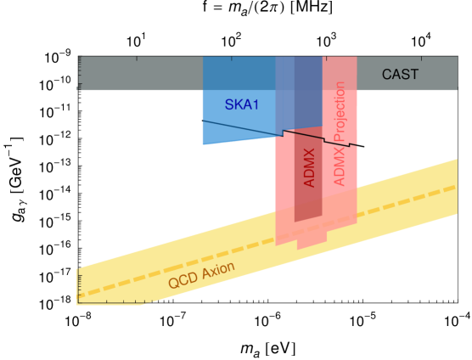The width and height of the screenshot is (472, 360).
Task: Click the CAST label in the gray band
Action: click(x=400, y=74)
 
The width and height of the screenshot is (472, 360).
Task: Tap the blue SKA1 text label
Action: click(x=240, y=104)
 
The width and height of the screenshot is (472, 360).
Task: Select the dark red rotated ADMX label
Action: click(x=309, y=167)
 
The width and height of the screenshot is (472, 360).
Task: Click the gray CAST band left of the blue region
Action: click(x=140, y=74)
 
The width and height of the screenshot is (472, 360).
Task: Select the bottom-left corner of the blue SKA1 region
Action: click(x=204, y=143)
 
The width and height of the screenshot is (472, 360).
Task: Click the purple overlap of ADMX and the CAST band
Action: click(x=308, y=74)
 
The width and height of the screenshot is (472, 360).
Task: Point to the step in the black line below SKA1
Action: click(x=284, y=133)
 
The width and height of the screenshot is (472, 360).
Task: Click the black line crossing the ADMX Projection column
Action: click(x=340, y=139)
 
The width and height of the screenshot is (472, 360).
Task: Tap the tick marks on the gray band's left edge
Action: click(x=79, y=74)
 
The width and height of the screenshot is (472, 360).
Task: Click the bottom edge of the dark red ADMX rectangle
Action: click(x=308, y=222)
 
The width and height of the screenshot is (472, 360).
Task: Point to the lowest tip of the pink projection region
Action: click(x=299, y=249)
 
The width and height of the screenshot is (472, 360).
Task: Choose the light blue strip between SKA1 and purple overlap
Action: click(x=284, y=93)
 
